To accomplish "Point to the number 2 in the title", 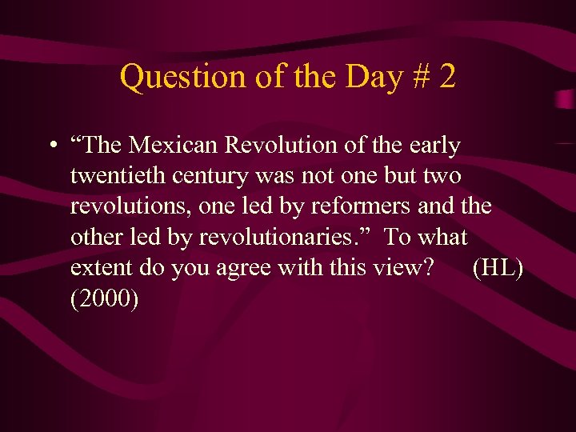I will tap(447, 77).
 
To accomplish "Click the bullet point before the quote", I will tap(51, 146).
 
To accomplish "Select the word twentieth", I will tap(115, 175).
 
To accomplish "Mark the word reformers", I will tap(360, 206).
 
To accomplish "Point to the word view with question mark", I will tap(405, 267).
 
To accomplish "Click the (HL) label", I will tap(498, 267).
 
